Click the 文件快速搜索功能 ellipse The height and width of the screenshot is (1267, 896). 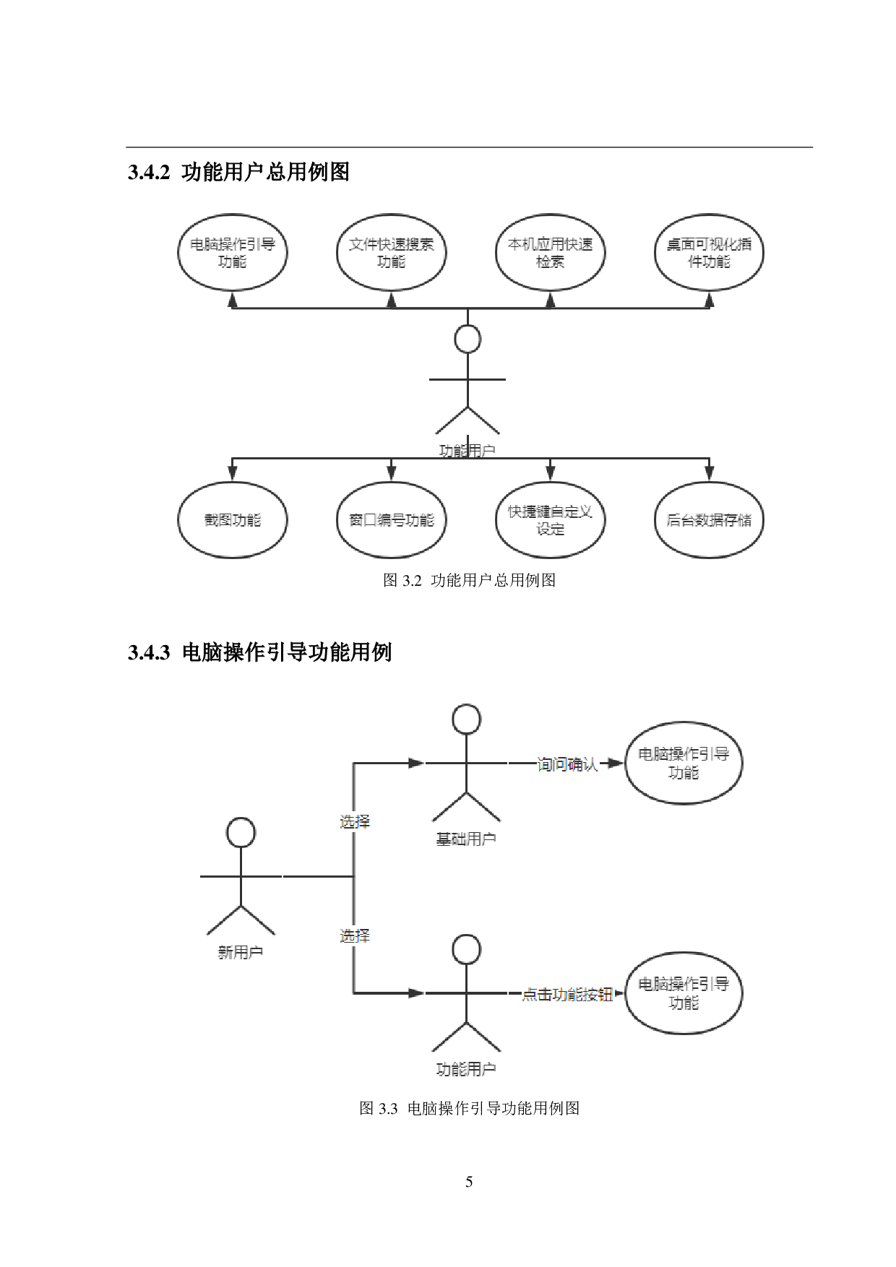click(x=391, y=253)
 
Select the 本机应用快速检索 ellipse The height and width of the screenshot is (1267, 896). click(x=550, y=253)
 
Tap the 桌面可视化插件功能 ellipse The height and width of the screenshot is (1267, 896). click(x=709, y=253)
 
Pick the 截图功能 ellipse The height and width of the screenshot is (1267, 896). click(x=232, y=520)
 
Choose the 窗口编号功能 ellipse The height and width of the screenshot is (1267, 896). click(x=391, y=520)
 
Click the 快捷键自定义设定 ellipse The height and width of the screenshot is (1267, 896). click(x=550, y=520)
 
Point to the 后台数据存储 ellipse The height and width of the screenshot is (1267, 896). click(x=709, y=520)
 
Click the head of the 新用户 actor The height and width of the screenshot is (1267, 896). click(x=241, y=833)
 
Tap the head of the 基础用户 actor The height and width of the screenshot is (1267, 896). click(x=466, y=719)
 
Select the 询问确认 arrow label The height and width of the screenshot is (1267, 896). click(x=567, y=764)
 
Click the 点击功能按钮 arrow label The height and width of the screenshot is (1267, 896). click(x=567, y=994)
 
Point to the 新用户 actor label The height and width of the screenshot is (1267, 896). click(x=241, y=953)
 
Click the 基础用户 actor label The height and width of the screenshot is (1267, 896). click(x=466, y=839)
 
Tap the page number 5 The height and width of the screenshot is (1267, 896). click(x=469, y=1182)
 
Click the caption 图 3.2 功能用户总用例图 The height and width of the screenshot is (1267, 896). click(x=469, y=580)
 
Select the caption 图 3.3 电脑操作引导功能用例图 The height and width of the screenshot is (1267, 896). click(x=469, y=1108)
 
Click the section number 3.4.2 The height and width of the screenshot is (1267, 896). click(x=148, y=173)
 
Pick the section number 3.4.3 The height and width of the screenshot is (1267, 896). click(x=148, y=652)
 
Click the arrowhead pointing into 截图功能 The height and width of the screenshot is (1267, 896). click(x=232, y=474)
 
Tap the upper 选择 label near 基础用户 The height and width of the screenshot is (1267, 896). click(x=355, y=822)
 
